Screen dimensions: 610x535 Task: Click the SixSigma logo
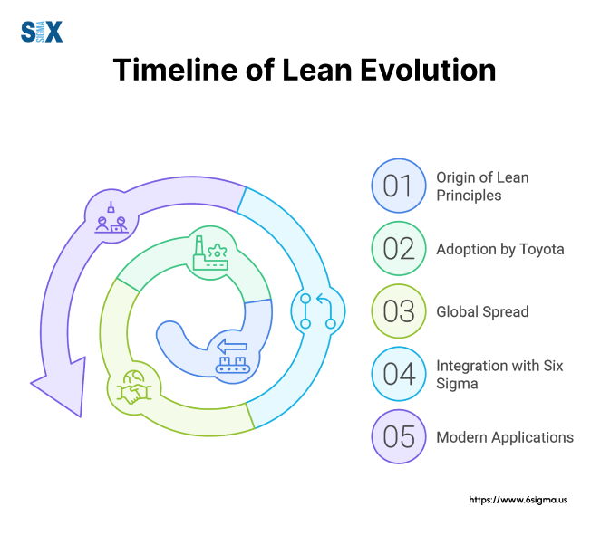(42, 32)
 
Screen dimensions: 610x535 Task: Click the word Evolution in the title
(428, 70)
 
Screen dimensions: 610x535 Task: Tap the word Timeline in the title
(175, 70)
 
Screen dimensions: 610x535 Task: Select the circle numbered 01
(399, 186)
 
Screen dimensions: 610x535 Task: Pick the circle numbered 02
(399, 249)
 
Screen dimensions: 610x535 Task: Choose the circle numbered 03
(399, 311)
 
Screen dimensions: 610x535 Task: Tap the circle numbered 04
(399, 374)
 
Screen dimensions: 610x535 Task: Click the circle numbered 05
(399, 436)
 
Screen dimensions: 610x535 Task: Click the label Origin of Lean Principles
(482, 186)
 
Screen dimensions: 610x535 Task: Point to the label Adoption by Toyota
(500, 250)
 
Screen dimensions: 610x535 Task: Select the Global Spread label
(482, 312)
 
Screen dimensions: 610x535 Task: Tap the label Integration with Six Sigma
(499, 375)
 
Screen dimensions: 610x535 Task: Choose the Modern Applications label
(505, 437)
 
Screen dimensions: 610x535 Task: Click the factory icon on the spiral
(210, 253)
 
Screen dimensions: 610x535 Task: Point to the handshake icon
(134, 387)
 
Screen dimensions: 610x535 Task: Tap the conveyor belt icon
(233, 357)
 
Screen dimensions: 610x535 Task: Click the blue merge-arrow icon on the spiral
(318, 311)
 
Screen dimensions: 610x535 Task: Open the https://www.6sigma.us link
(518, 500)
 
